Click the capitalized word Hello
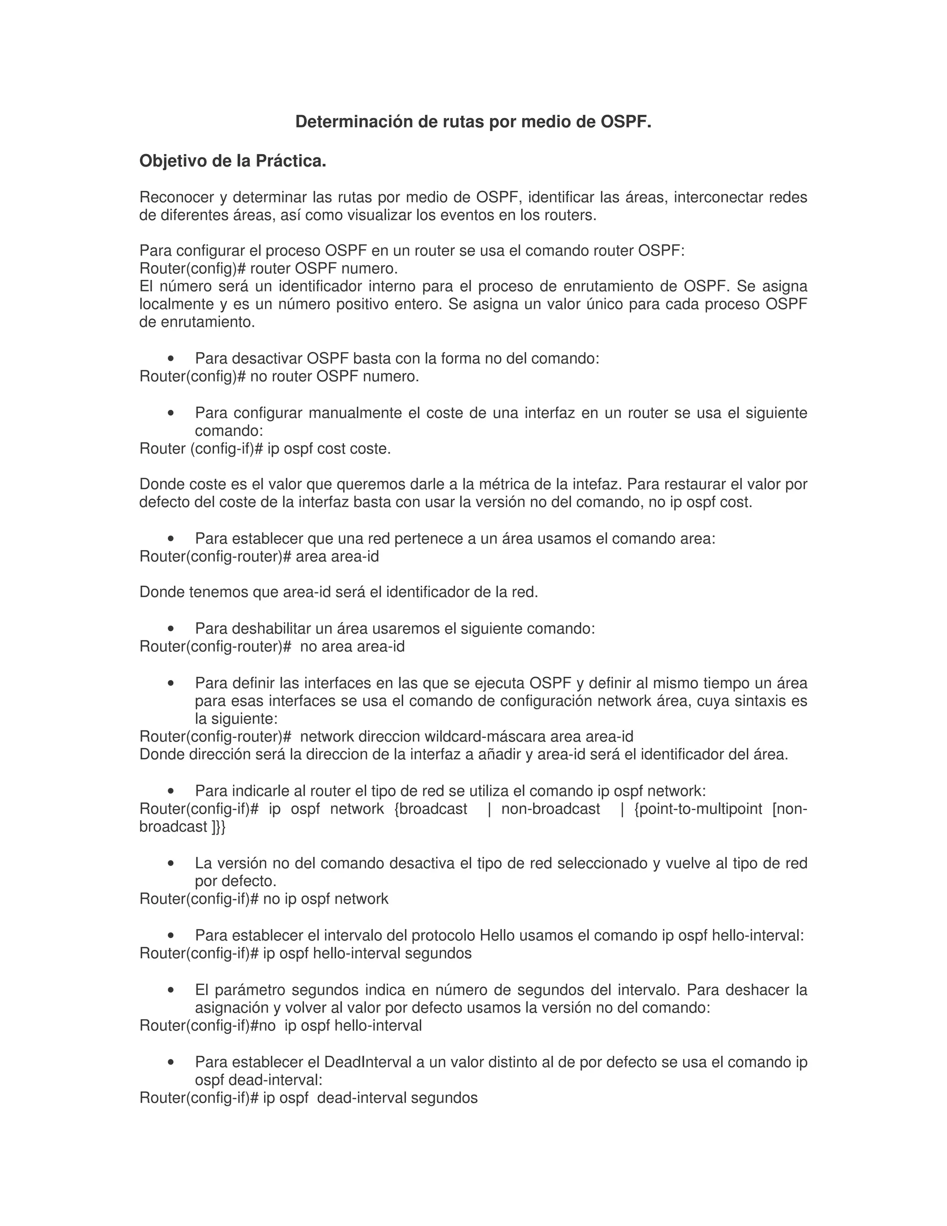[x=498, y=936]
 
